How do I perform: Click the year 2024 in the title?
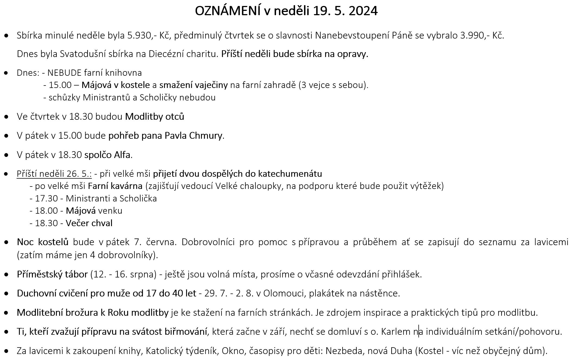363,11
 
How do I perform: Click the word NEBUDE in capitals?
64,73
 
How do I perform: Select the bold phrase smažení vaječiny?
193,85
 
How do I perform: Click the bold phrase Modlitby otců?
155,116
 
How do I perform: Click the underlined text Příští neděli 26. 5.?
54,174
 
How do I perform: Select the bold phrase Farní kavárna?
115,186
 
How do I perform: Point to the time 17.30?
46,198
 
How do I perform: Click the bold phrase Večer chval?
89,223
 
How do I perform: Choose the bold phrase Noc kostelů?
43,242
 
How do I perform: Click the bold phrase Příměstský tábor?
52,274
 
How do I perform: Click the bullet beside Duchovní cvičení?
6,294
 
